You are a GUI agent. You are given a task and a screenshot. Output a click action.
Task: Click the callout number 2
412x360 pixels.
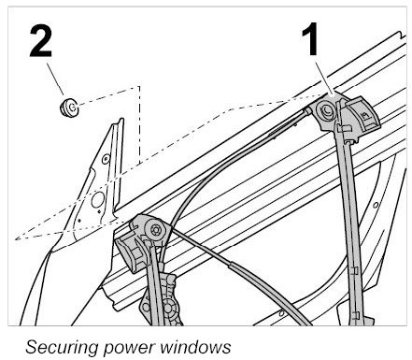point(40,41)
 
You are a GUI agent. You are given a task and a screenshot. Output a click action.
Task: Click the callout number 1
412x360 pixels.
point(310,39)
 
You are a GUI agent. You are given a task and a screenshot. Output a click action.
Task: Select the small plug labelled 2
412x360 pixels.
point(69,107)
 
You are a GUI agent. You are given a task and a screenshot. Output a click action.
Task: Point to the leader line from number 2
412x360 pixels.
point(55,79)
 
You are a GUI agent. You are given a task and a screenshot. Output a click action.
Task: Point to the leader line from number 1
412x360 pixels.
point(324,78)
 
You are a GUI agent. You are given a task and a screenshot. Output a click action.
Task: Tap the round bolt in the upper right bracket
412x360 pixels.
point(326,110)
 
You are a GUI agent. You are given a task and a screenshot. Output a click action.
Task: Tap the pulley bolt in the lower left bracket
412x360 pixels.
point(155,230)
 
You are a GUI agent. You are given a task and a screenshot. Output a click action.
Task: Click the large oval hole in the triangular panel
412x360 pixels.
point(98,200)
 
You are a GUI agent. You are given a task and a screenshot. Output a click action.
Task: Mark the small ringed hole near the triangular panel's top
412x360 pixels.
point(106,159)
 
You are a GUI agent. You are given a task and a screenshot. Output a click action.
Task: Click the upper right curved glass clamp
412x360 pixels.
point(362,116)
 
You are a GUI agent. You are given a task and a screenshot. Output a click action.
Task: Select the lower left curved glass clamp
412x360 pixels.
point(130,254)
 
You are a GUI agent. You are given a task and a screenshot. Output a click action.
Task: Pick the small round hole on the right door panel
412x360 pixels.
point(376,205)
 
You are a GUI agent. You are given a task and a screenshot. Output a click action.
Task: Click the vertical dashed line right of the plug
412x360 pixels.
point(139,124)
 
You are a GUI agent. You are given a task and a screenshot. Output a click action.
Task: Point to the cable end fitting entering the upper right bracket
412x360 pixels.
point(306,111)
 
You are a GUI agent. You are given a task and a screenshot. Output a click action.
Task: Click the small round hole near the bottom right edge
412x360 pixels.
point(281,313)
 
